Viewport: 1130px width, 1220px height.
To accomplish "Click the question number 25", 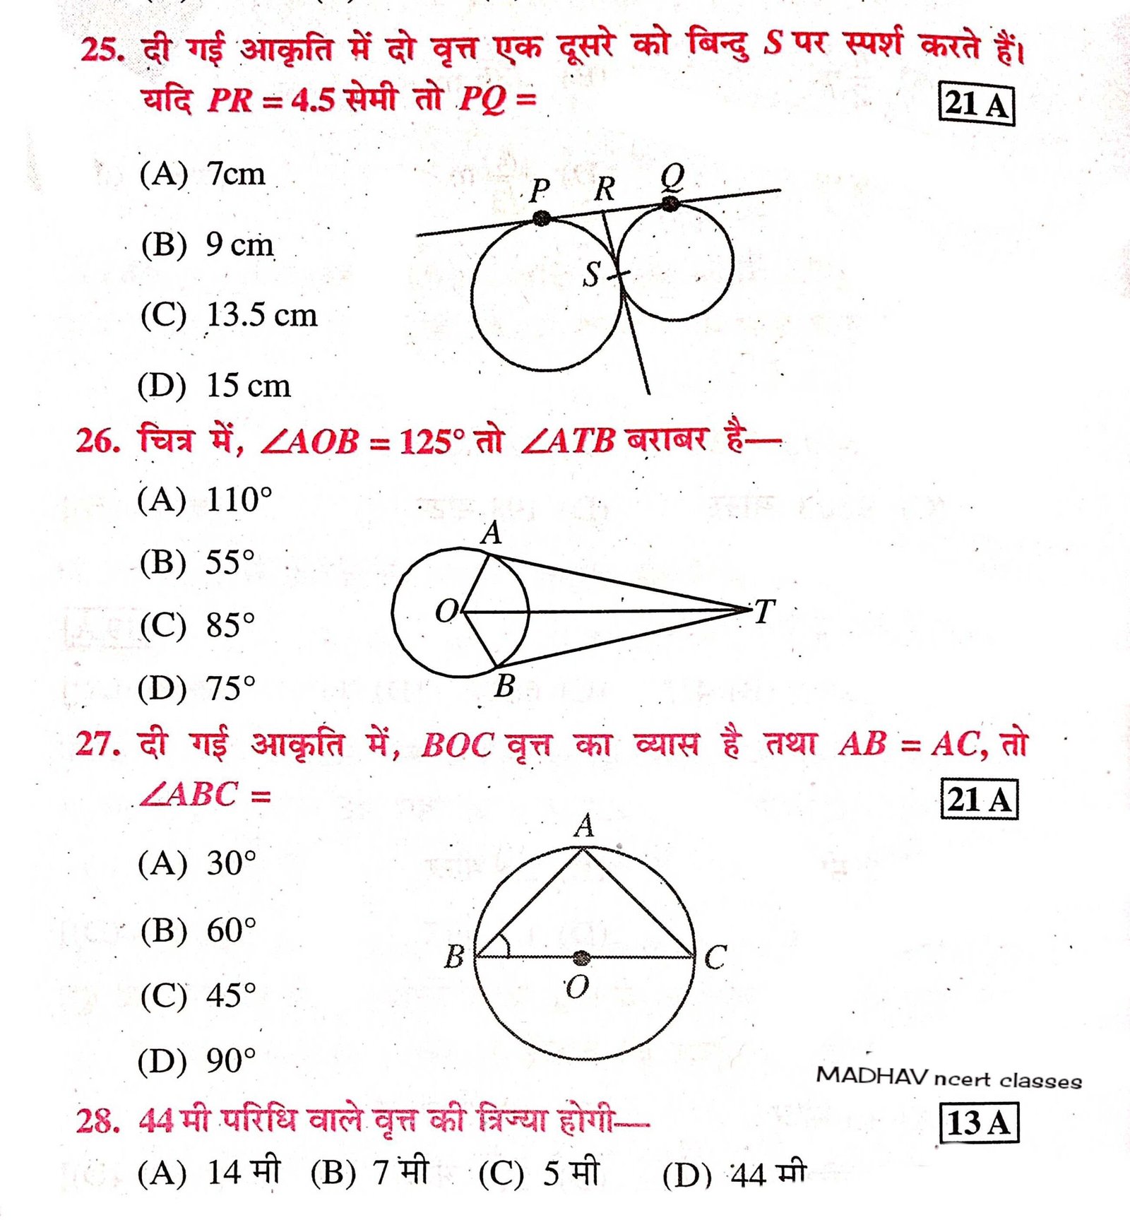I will coord(102,49).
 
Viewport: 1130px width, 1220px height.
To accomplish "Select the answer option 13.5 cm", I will coord(261,315).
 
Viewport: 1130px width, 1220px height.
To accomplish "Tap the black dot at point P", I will coord(542,218).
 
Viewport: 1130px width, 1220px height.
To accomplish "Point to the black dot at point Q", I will coord(670,204).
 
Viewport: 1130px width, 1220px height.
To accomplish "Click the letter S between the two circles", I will coord(592,274).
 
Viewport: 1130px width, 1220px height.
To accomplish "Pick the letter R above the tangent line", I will coord(605,189).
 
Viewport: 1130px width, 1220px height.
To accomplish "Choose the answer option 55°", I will coord(230,562).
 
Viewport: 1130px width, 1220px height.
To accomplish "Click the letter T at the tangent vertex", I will coord(764,611).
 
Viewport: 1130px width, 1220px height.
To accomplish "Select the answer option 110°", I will coord(238,499).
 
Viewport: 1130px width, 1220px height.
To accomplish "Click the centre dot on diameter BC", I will coord(581,957).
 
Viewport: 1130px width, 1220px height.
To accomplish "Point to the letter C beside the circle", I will coord(715,958).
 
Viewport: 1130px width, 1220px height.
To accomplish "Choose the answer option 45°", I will coord(230,995).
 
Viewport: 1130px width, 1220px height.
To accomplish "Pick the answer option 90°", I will coord(230,1060).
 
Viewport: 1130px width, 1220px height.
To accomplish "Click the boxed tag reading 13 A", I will coord(979,1123).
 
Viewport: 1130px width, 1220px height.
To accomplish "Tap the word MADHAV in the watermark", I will coord(872,1076).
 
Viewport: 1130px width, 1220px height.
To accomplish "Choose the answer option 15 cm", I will coord(247,386).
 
